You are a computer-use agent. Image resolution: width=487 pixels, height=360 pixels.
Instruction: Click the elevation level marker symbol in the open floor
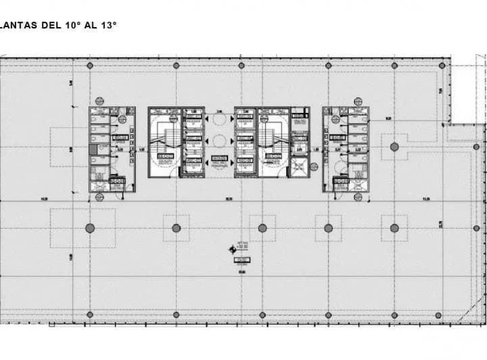click(x=233, y=250)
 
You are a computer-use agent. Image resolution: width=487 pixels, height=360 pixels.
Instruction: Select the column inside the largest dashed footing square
click(x=89, y=228)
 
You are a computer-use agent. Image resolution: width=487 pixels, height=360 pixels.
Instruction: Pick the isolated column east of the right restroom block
click(x=394, y=147)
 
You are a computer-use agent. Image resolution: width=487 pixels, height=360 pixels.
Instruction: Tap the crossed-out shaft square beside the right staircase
click(x=299, y=166)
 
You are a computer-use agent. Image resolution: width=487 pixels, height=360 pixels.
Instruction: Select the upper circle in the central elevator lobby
click(x=219, y=118)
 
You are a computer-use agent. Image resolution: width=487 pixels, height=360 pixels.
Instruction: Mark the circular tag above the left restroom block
click(x=99, y=101)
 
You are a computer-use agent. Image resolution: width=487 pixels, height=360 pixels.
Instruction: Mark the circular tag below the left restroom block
click(x=99, y=197)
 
